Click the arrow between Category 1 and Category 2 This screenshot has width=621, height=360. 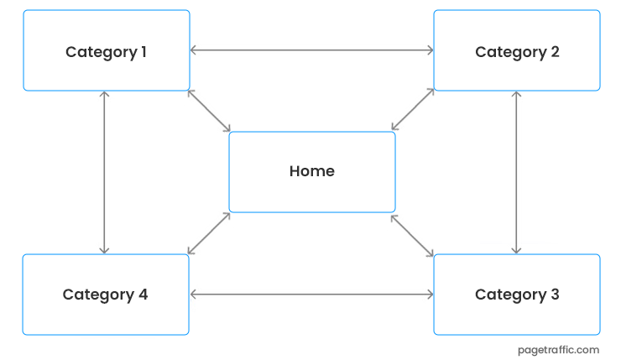[311, 50]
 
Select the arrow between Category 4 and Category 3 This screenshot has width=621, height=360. [311, 295]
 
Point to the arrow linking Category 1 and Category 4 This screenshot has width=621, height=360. [104, 172]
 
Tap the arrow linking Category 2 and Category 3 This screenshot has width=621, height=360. [516, 172]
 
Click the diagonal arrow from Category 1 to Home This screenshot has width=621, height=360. [209, 111]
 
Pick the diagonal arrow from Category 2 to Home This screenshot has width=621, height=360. [413, 109]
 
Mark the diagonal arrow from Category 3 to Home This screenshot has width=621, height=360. [412, 235]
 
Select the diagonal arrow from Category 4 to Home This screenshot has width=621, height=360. [209, 233]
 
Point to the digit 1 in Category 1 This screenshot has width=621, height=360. [143, 51]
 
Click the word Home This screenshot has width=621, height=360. [311, 171]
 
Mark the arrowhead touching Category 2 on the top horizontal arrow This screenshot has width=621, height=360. [430, 50]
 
